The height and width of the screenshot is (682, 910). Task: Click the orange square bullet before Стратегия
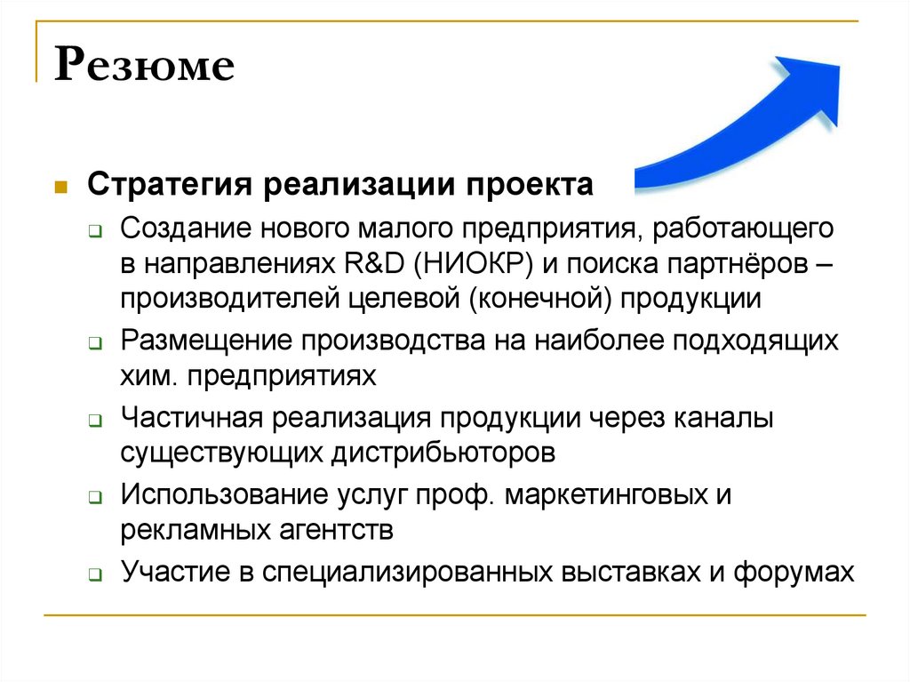pos(60,188)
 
